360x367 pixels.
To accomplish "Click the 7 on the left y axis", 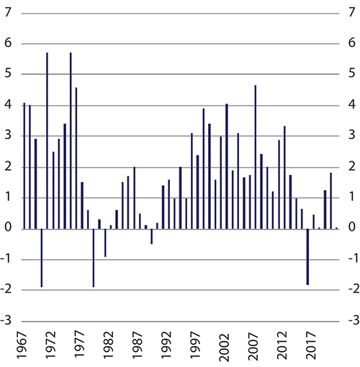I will point(9,13).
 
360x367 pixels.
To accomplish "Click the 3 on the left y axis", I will point(9,137).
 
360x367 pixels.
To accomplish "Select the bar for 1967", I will point(24,166).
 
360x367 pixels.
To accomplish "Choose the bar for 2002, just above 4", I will point(226,166).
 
